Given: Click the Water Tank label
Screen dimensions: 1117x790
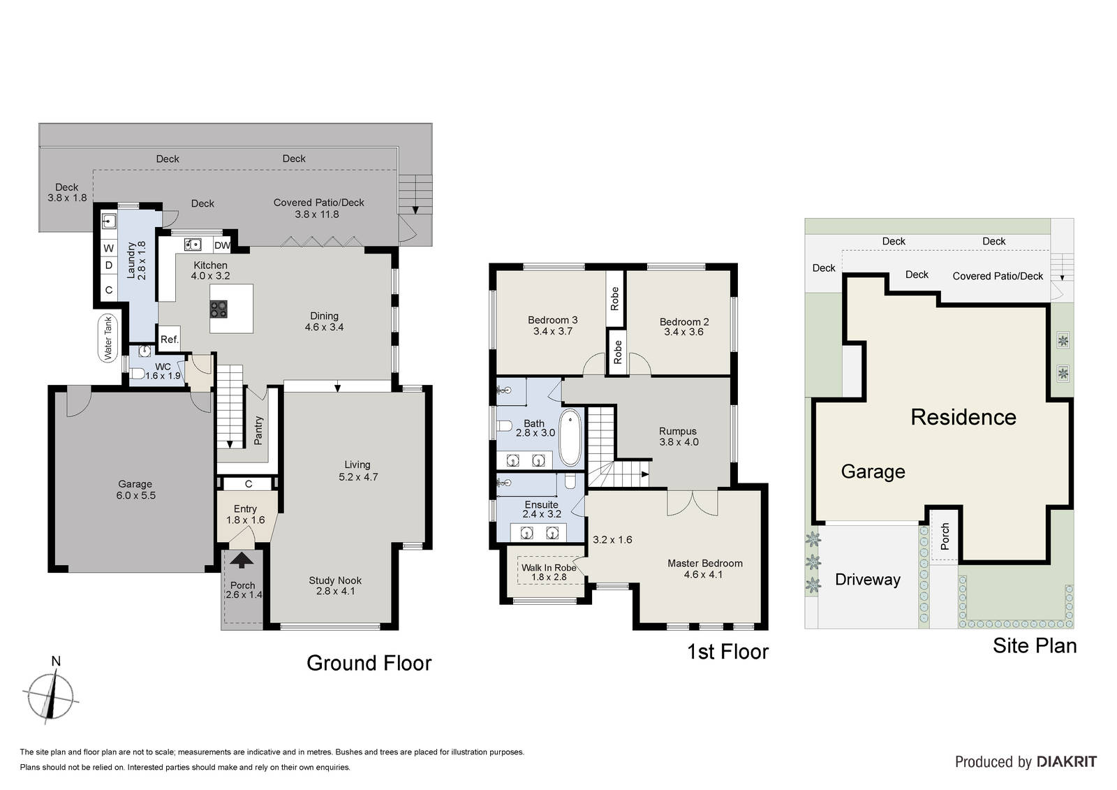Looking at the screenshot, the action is (x=108, y=338).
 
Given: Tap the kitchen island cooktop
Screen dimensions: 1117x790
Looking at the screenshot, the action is (x=219, y=309).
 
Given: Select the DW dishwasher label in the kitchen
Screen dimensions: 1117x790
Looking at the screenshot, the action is (x=222, y=246).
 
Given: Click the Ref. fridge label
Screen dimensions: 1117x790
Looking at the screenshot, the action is (x=169, y=339).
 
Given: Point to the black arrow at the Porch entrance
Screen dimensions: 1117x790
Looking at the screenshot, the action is (x=242, y=560).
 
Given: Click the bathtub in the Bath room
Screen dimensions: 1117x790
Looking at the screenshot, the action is (x=570, y=438).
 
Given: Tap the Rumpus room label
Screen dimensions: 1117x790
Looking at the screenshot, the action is (x=678, y=431).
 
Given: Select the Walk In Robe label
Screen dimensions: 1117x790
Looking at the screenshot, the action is (x=549, y=567).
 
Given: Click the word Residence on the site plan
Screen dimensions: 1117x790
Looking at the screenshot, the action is (x=963, y=417).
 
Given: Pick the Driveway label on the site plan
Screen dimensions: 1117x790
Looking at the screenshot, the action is (x=868, y=579).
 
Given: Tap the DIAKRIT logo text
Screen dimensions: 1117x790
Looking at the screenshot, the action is (x=1067, y=761).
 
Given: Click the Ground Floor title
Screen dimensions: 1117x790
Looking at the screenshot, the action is (x=369, y=663).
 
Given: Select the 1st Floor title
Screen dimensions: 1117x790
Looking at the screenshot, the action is (x=727, y=652).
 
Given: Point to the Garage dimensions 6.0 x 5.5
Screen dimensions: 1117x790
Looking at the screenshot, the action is (x=135, y=495).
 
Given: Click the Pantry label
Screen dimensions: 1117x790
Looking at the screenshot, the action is (x=258, y=431).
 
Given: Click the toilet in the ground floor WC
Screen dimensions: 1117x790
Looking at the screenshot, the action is (x=137, y=373).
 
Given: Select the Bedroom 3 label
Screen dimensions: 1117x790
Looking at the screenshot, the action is (x=552, y=320).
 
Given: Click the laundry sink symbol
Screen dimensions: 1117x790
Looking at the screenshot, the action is (x=109, y=220).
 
